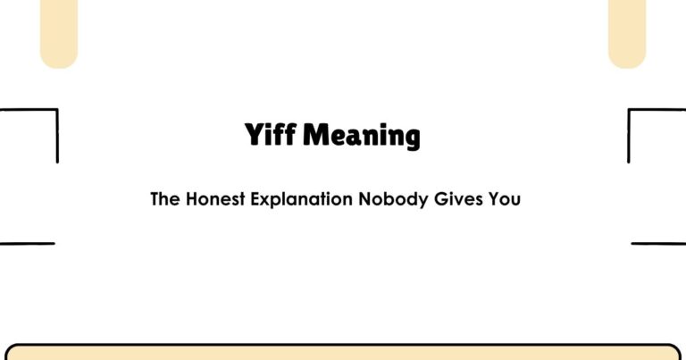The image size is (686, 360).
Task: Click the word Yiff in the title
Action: click(x=271, y=136)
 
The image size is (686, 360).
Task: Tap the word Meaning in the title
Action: click(x=362, y=136)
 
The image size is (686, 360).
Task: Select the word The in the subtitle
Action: click(x=165, y=199)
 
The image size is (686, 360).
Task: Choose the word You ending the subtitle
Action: click(x=504, y=199)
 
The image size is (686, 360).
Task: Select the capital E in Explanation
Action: click(x=261, y=199)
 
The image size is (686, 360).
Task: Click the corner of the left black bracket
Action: click(x=57, y=111)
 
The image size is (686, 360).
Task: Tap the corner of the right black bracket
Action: click(x=630, y=111)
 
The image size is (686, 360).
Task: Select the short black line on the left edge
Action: click(x=27, y=243)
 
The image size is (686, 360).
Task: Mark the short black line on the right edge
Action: click(x=658, y=243)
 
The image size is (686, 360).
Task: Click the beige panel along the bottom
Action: click(x=343, y=353)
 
